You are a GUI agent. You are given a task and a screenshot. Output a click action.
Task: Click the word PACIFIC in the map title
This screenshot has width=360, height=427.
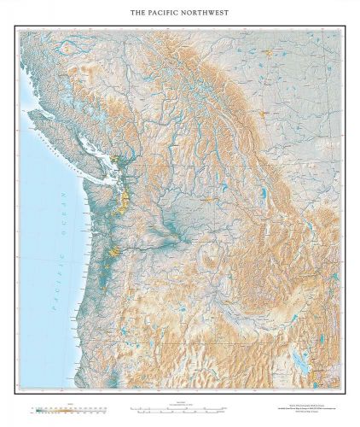[x=166, y=13]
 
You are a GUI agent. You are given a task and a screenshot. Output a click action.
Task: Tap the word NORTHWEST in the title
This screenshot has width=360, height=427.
[x=208, y=13]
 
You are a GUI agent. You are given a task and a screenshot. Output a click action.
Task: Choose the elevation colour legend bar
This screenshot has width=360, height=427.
[x=68, y=409]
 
